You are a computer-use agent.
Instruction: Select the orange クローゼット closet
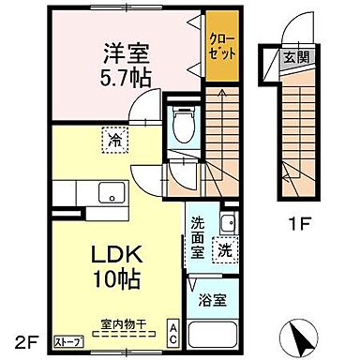[221, 46]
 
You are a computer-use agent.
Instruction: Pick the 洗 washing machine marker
[226, 251]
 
